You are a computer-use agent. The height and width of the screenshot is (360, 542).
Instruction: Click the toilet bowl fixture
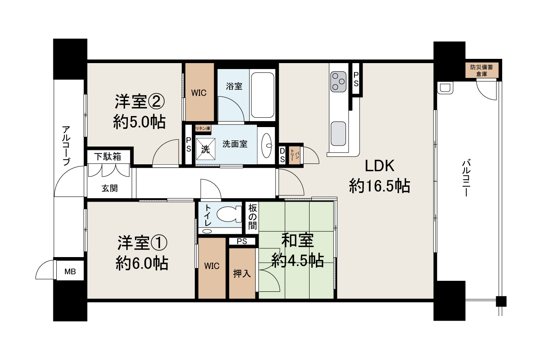(x=229, y=214)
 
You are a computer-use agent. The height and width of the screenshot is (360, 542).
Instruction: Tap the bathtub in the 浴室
(x=263, y=95)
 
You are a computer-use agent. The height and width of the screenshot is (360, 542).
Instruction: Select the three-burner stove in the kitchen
(x=338, y=82)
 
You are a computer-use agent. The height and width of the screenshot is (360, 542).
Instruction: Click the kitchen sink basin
(x=338, y=133)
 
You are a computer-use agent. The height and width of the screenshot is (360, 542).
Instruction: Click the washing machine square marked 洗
(x=205, y=149)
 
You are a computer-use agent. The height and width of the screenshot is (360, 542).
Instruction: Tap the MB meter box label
(x=70, y=271)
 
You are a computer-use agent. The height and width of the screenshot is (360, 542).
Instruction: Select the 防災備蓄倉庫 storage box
(x=482, y=70)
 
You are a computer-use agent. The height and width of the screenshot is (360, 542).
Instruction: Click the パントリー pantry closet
(x=294, y=155)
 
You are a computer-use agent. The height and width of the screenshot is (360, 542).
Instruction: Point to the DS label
(x=282, y=155)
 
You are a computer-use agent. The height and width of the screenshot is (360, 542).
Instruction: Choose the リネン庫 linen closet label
(x=203, y=128)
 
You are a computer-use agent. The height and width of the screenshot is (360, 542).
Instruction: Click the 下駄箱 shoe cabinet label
(x=108, y=157)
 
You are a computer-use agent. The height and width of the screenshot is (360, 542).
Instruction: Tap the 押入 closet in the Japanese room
(x=242, y=273)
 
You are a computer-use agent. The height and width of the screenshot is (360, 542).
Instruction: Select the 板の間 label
(x=252, y=217)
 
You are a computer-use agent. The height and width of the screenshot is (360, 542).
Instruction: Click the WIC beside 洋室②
(x=199, y=92)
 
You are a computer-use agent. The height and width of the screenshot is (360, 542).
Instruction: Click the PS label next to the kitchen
(x=356, y=79)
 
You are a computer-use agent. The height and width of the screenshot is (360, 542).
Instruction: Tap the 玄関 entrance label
(x=110, y=188)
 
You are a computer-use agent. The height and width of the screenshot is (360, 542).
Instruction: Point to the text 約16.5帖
(x=379, y=186)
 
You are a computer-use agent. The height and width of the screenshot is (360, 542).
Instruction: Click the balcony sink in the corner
(x=445, y=88)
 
